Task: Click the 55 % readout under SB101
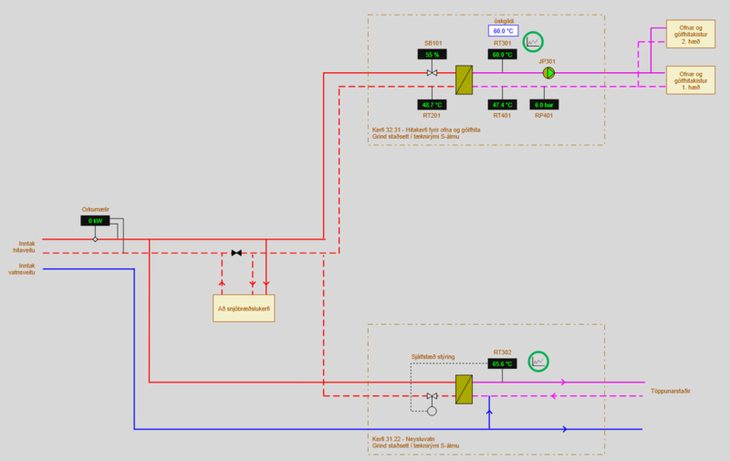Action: tap(433, 55)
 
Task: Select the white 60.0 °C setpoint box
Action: tap(504, 31)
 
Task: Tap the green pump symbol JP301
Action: tap(548, 73)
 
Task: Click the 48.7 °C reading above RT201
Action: tap(433, 105)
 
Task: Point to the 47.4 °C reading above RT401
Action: tap(503, 105)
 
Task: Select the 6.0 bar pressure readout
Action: tap(545, 105)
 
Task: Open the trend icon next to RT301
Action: tap(533, 41)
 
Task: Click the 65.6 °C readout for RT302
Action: tap(503, 363)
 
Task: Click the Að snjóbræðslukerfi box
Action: tap(244, 309)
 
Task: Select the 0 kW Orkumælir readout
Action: tap(95, 221)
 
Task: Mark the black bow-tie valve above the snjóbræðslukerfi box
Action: tap(236, 253)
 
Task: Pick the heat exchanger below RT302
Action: tap(464, 389)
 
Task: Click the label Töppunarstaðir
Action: tap(670, 391)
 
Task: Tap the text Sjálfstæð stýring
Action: tap(432, 357)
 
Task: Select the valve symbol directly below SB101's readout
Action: tap(433, 73)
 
